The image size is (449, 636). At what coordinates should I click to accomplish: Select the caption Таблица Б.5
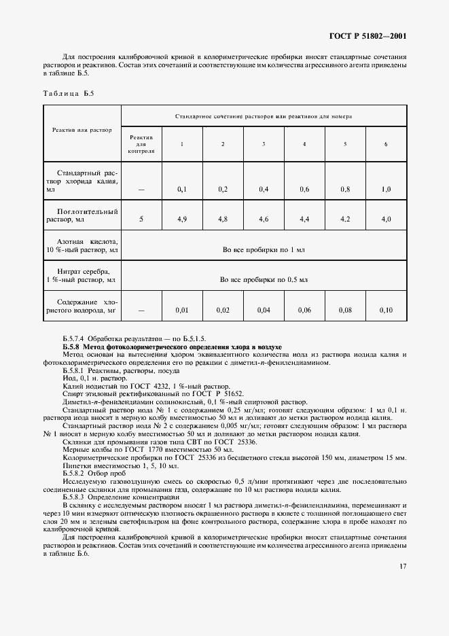[68, 92]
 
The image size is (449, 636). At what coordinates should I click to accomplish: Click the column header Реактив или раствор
[82, 129]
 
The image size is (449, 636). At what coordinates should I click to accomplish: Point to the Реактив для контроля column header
[141, 144]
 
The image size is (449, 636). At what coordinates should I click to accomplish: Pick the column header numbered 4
[304, 144]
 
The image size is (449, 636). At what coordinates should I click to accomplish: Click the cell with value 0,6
[304, 190]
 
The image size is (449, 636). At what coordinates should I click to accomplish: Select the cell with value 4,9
[182, 219]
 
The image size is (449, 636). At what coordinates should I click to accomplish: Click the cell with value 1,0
[386, 190]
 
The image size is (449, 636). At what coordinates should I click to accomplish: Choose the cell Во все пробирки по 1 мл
[264, 249]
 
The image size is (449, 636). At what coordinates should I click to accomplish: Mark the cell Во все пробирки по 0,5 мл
[264, 279]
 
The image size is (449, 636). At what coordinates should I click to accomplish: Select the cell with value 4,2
[345, 219]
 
